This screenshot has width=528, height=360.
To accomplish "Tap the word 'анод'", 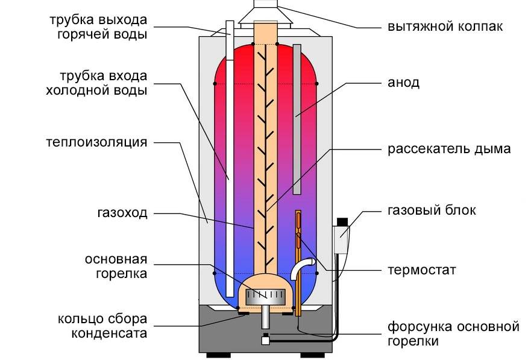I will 404,83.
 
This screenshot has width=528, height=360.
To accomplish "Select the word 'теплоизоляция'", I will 96,143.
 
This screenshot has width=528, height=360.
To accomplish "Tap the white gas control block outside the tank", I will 341,238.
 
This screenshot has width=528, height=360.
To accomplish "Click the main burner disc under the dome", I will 265,296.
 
